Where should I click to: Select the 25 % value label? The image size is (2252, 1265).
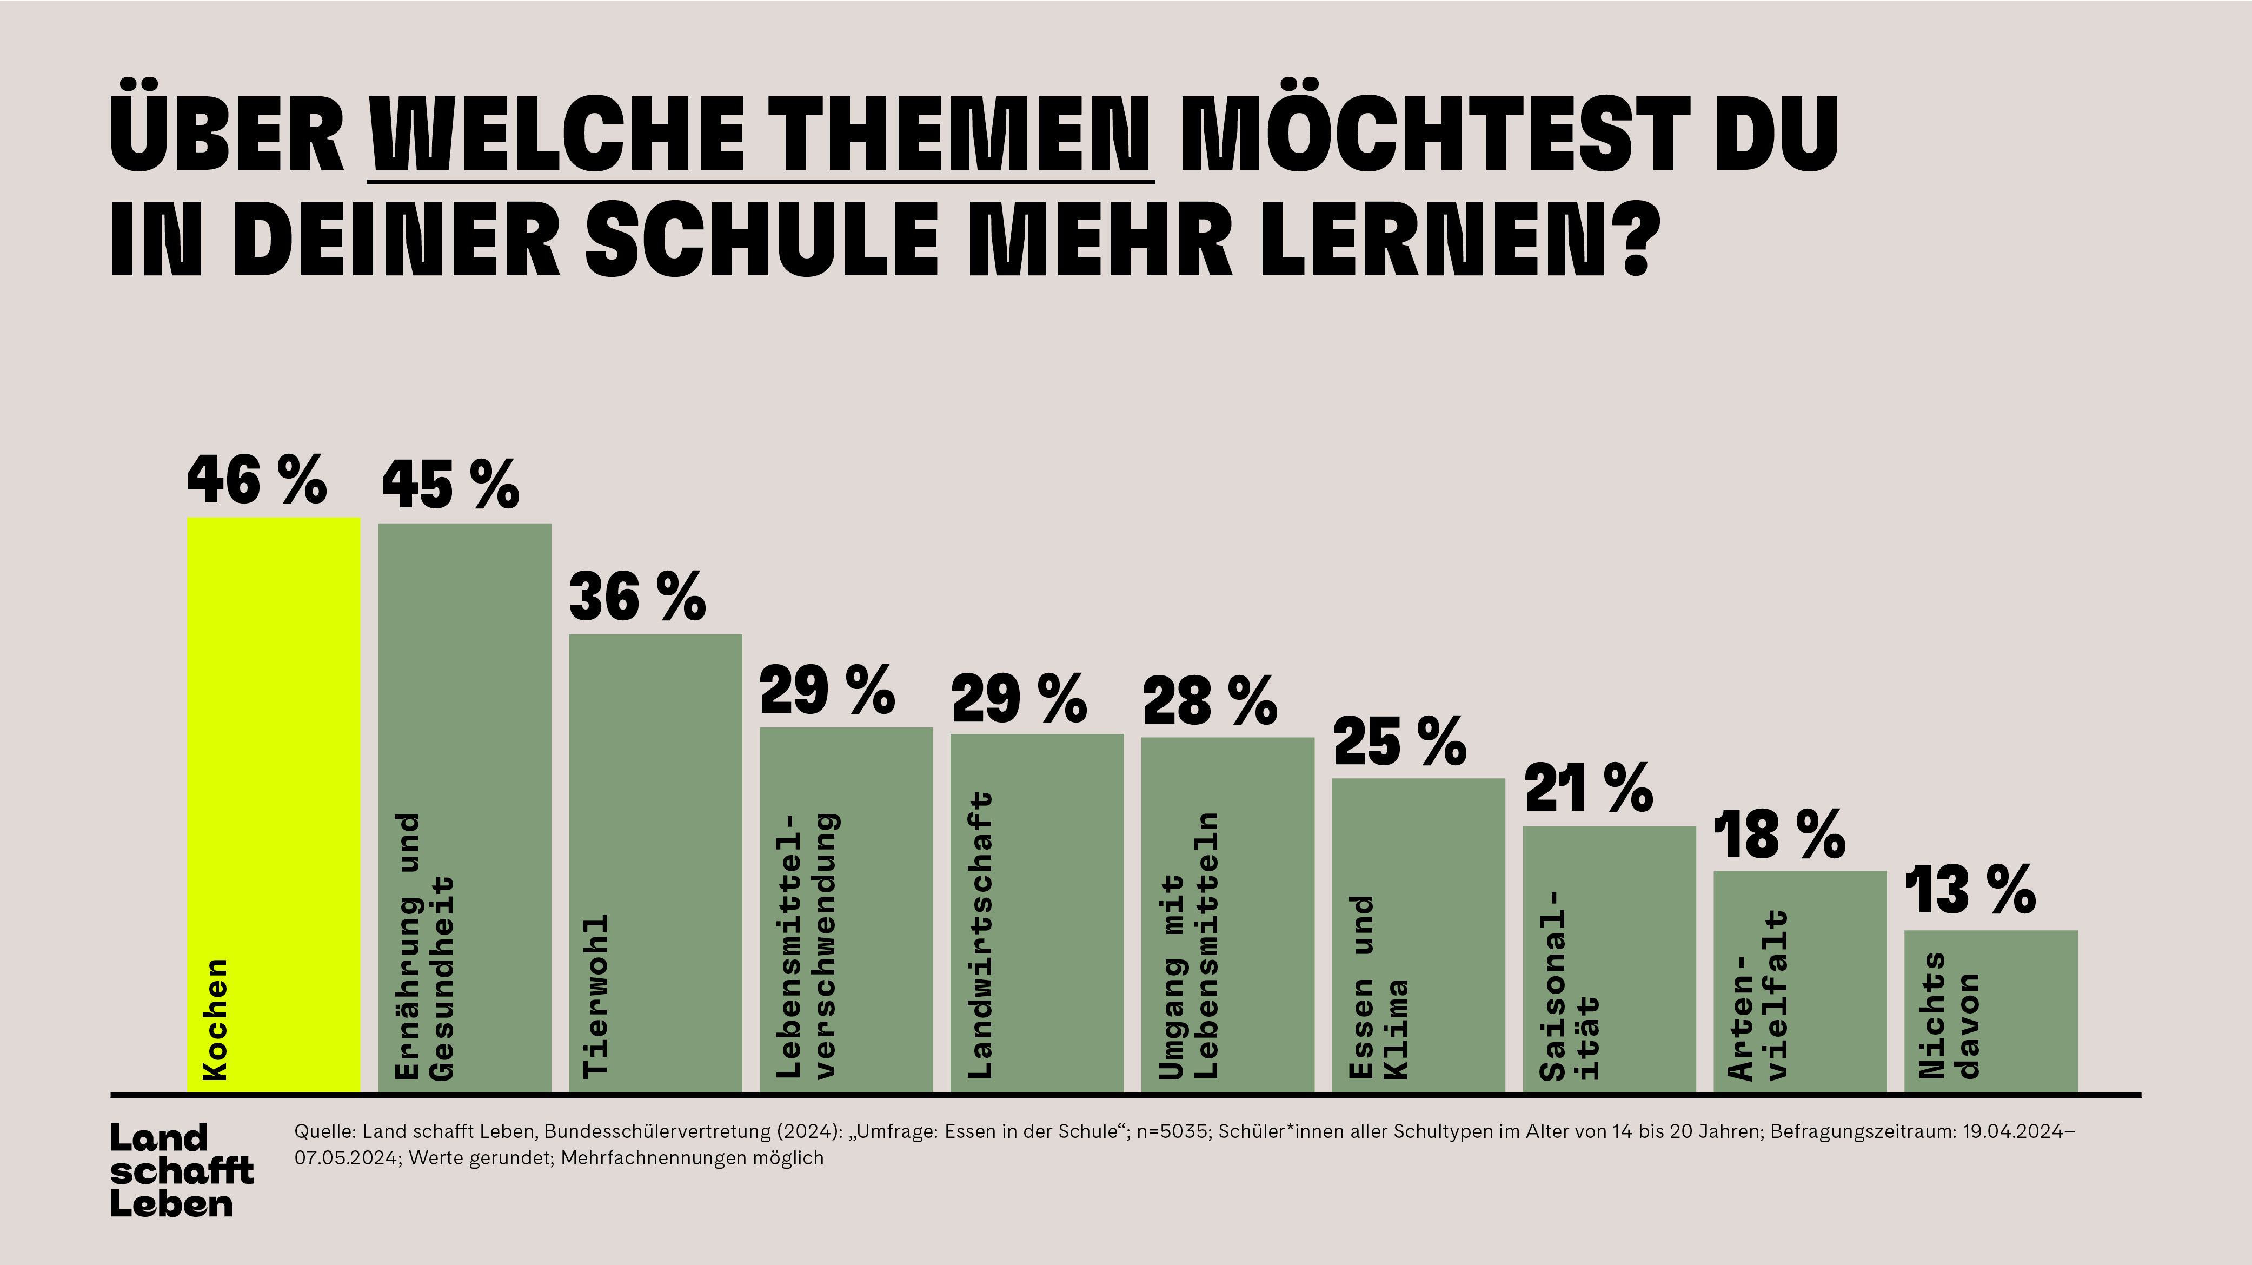tap(1400, 742)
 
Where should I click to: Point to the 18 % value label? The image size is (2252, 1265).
tap(1779, 835)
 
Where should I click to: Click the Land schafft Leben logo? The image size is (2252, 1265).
tap(181, 1170)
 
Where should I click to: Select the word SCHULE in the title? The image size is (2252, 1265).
tap(761, 239)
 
